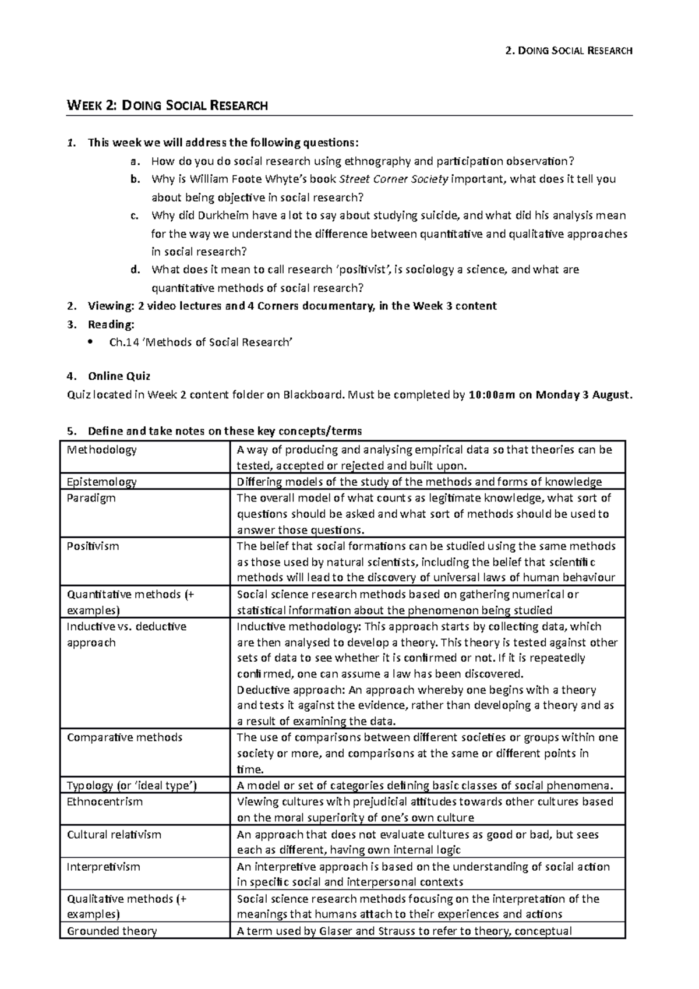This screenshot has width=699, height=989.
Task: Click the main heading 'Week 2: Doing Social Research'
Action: pyautogui.click(x=168, y=105)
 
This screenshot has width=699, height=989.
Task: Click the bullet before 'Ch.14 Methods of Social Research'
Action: pyautogui.click(x=89, y=342)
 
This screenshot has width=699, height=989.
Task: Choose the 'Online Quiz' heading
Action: pyautogui.click(x=119, y=376)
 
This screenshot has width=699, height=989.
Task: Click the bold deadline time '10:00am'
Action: pyautogui.click(x=492, y=395)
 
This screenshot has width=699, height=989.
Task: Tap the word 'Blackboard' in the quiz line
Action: pyautogui.click(x=313, y=395)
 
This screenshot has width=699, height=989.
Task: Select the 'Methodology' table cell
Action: pyautogui.click(x=102, y=450)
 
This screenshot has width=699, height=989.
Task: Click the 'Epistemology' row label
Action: pyautogui.click(x=102, y=482)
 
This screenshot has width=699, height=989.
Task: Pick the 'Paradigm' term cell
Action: pyautogui.click(x=91, y=498)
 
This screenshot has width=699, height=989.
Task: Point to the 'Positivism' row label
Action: pyautogui.click(x=93, y=546)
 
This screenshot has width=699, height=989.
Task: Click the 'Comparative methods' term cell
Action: pyautogui.click(x=125, y=737)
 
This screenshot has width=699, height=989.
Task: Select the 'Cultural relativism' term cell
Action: pyautogui.click(x=114, y=834)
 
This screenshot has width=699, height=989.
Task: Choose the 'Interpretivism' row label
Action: pyautogui.click(x=104, y=867)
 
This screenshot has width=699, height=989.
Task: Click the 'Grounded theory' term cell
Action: pyautogui.click(x=112, y=931)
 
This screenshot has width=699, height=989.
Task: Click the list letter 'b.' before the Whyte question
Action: pyautogui.click(x=135, y=179)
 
